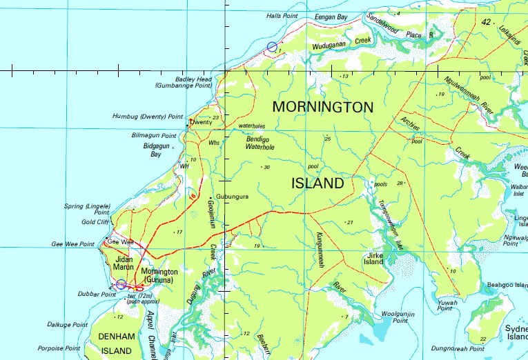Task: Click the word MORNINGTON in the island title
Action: [x=322, y=107]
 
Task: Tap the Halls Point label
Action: [x=283, y=15]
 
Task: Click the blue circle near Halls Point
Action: [x=272, y=46]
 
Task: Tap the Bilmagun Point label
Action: [x=155, y=136]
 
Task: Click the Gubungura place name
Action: [x=232, y=197]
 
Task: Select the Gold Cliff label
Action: [x=96, y=222]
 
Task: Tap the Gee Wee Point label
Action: [x=72, y=244]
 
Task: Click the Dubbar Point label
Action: [x=99, y=294]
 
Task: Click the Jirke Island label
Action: [x=373, y=259]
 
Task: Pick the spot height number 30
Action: [x=266, y=167]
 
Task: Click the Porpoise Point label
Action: [x=59, y=348]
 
